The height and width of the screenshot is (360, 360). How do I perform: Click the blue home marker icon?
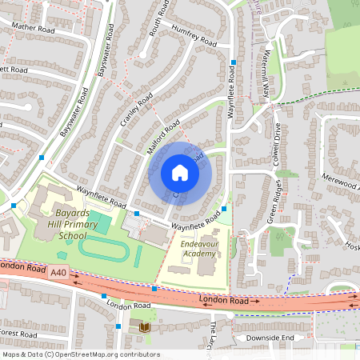180,173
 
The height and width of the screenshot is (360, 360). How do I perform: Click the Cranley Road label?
135,110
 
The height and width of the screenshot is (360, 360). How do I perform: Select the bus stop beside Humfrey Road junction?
234,62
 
